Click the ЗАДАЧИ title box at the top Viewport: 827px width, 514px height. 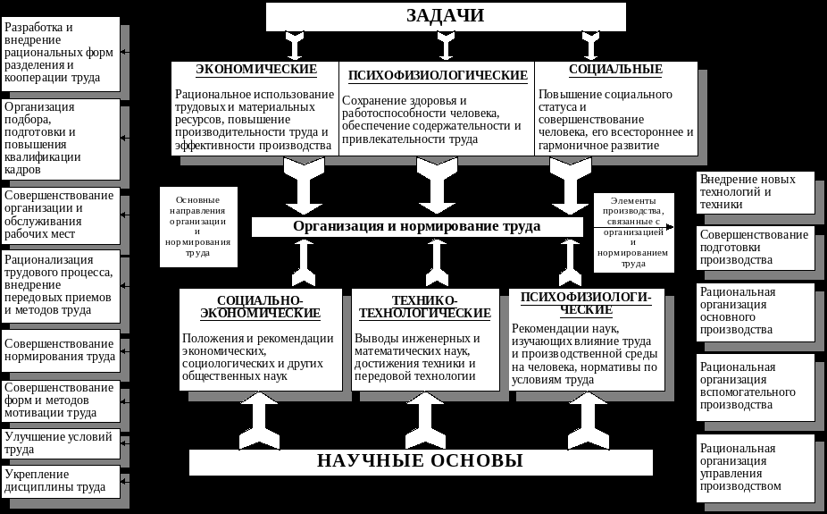(x=446, y=16)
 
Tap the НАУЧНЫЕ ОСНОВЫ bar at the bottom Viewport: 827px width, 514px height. (x=421, y=461)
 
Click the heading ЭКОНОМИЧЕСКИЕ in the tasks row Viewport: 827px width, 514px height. (x=256, y=70)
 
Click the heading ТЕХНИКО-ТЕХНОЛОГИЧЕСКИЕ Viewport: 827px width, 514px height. (x=424, y=307)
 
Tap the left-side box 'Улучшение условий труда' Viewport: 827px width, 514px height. (x=61, y=443)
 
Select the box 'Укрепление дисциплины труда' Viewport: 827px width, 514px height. (x=61, y=481)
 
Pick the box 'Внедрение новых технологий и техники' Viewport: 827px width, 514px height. (x=755, y=192)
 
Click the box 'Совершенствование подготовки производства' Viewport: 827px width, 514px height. (x=755, y=248)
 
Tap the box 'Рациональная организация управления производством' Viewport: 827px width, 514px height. (x=755, y=468)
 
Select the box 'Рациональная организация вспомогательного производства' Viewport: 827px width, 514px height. (x=755, y=386)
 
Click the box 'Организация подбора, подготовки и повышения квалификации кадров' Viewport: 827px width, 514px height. (x=61, y=138)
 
